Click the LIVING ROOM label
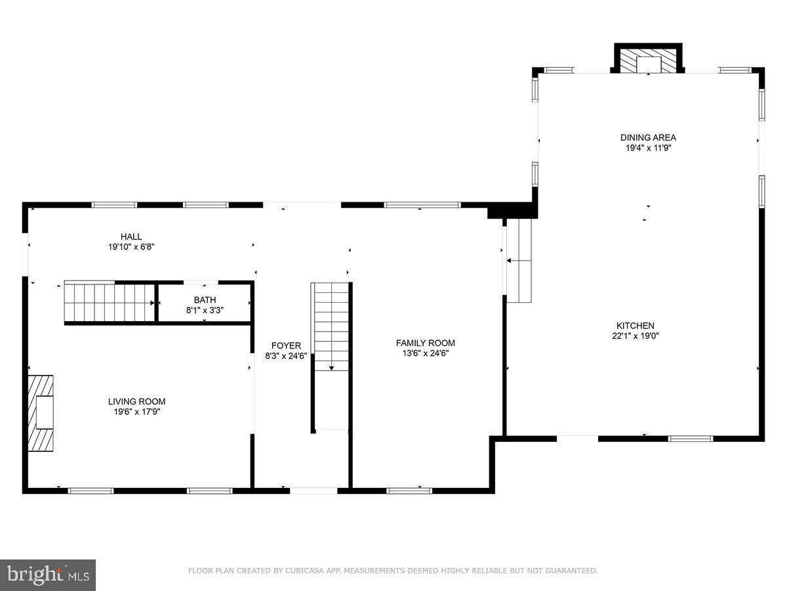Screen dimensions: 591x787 click(136, 401)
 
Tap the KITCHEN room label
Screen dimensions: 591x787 click(635, 325)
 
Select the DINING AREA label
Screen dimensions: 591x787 click(648, 137)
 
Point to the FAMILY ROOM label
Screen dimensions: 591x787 click(425, 343)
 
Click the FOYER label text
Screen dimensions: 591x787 click(286, 345)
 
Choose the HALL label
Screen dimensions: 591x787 click(131, 236)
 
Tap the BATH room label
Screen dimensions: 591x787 click(204, 300)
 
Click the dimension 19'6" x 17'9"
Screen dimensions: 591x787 click(136, 412)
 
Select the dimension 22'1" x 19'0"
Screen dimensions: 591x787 click(635, 336)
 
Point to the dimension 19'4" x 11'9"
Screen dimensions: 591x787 click(648, 148)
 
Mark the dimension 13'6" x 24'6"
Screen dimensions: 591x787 click(425, 353)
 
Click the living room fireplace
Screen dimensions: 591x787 click(41, 412)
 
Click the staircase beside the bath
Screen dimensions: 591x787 click(108, 303)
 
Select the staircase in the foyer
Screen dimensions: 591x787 click(331, 328)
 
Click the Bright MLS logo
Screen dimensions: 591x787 click(48, 575)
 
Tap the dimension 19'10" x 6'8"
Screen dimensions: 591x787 click(131, 247)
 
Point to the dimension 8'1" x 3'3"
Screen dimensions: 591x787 click(204, 310)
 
